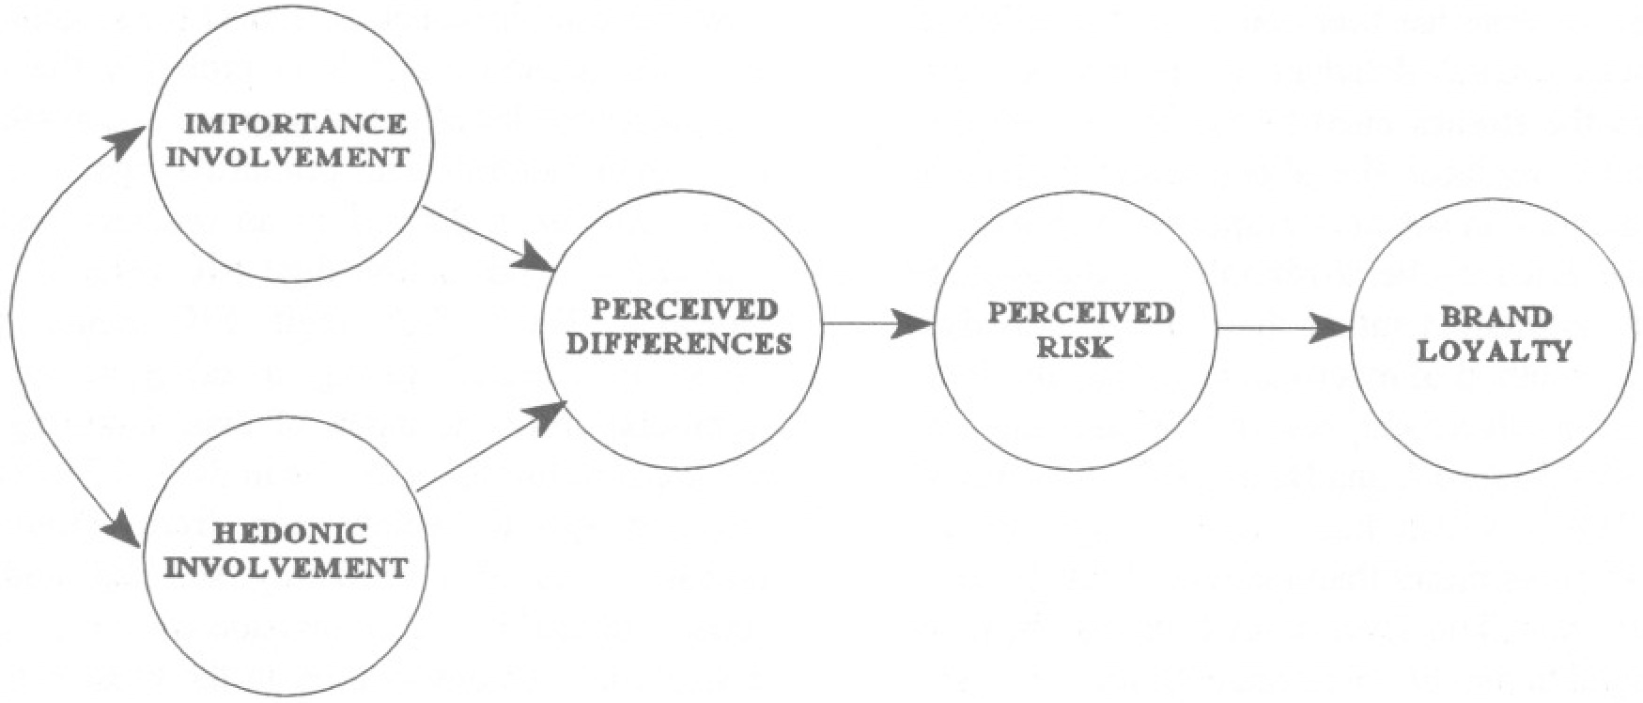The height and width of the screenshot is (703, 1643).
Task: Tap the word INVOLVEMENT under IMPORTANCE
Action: pos(293,156)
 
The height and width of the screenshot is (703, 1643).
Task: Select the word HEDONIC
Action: pos(290,535)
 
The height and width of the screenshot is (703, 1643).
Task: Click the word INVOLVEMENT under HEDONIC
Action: pos(293,568)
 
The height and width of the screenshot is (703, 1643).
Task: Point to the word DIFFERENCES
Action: pos(680,343)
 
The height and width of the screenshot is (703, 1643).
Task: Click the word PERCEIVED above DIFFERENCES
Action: pos(685,311)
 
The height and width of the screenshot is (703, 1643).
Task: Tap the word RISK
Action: pos(1075,347)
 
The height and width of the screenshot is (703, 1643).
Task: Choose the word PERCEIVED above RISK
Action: pos(1080,313)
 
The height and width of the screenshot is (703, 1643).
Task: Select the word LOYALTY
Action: pos(1494,351)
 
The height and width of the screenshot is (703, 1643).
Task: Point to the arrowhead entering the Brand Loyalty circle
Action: pos(1334,329)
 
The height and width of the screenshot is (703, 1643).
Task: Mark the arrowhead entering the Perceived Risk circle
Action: pos(914,325)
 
